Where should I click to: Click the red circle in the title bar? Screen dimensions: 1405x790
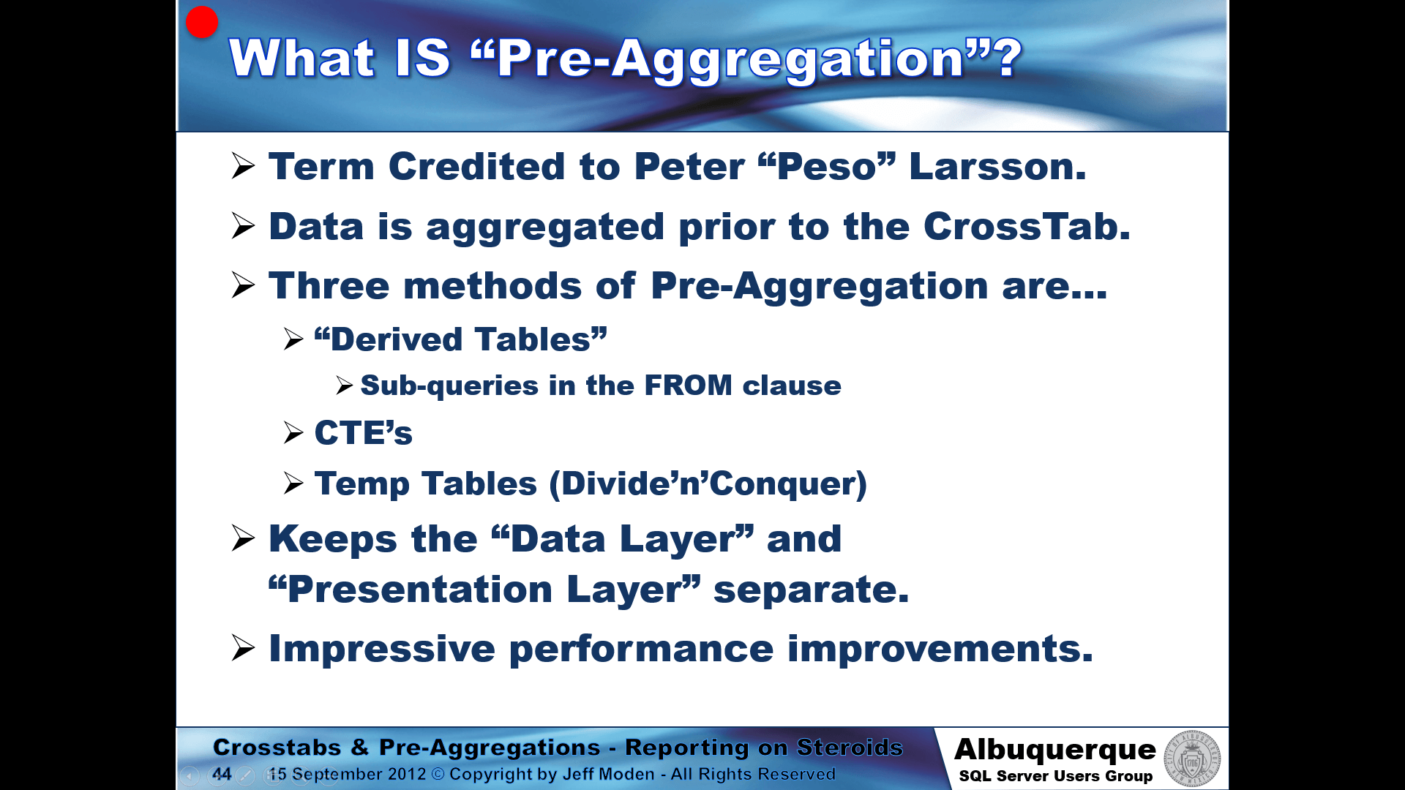pos(202,22)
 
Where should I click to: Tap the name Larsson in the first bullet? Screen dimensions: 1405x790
pos(997,166)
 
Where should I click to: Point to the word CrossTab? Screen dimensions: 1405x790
pos(1027,226)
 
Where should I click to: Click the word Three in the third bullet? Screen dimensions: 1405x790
pos(329,285)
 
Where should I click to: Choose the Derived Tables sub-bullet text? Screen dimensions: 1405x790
pos(461,339)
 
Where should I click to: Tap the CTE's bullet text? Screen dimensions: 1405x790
pos(364,432)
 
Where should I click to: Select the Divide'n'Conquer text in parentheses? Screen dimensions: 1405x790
pos(708,484)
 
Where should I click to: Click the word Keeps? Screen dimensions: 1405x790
pos(333,540)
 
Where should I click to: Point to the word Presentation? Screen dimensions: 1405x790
pos(420,590)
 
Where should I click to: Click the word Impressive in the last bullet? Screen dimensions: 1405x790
pos(382,650)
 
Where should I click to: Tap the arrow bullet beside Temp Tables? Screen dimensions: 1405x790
pos(293,484)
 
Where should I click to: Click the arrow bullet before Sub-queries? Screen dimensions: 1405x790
pos(345,385)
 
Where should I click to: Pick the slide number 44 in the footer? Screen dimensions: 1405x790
pos(222,774)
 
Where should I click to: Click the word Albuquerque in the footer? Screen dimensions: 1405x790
pos(1055,750)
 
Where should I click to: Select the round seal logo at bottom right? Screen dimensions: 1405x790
pos(1193,759)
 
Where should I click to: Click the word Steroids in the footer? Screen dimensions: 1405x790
pos(850,747)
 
